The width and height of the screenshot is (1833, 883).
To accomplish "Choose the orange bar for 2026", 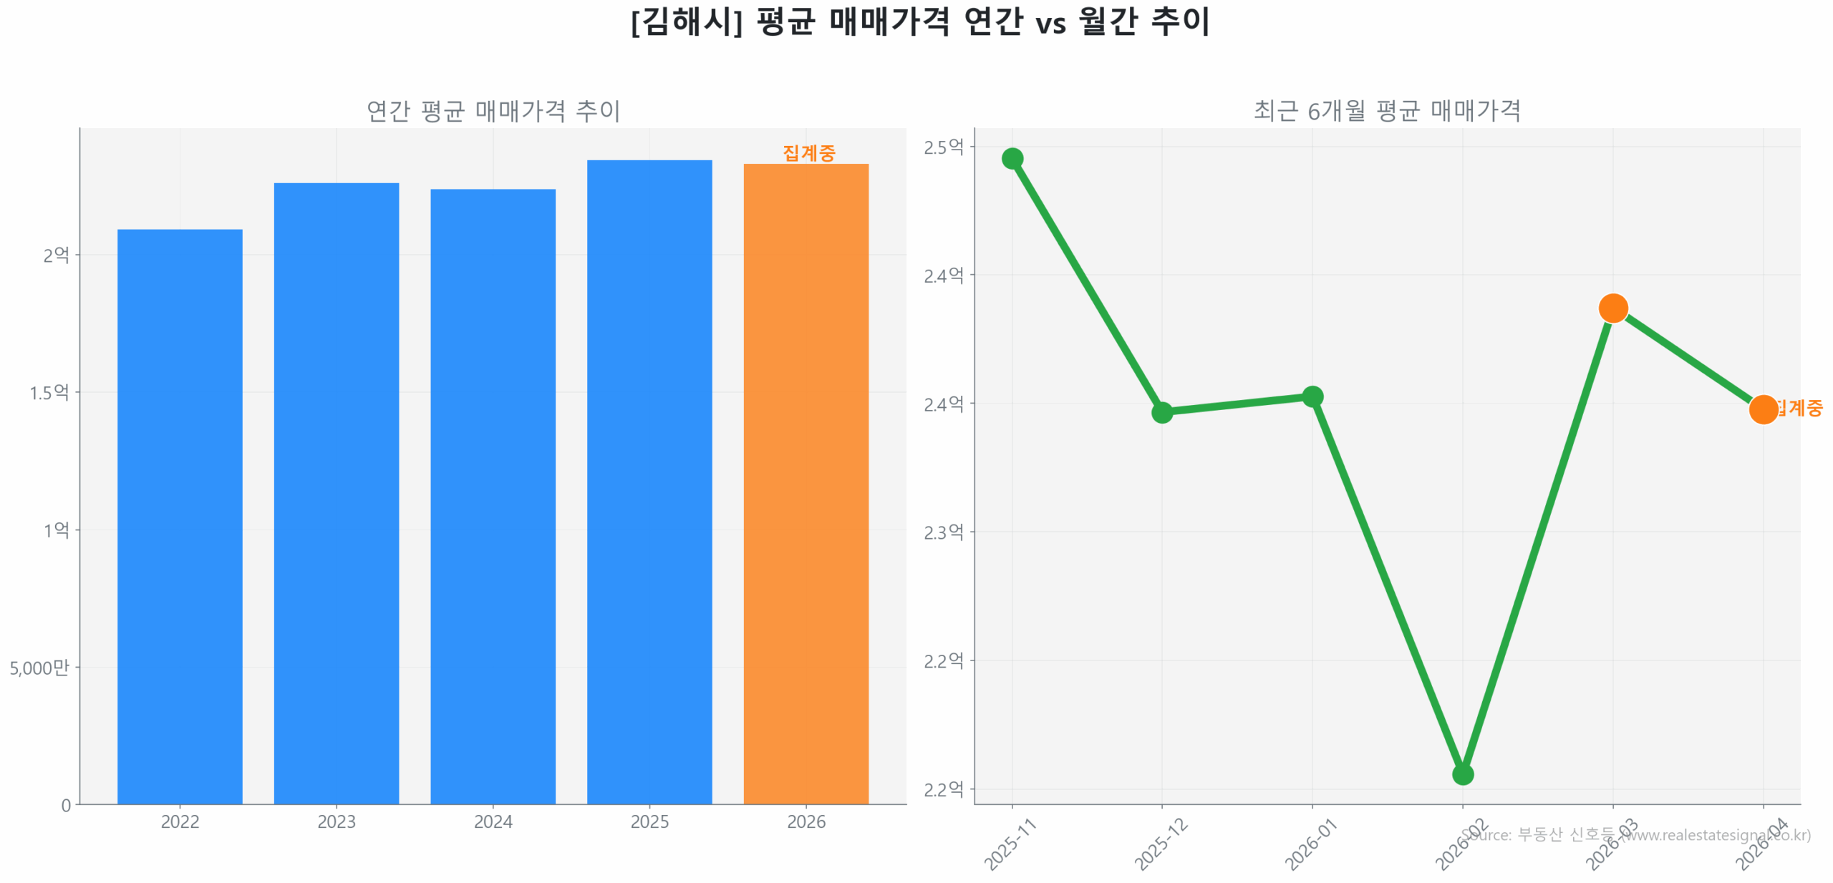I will pos(806,483).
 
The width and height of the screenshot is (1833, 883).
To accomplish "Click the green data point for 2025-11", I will pos(1012,158).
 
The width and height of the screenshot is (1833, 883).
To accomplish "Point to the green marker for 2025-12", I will pos(1161,412).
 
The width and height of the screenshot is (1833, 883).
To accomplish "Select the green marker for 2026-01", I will pos(1312,396).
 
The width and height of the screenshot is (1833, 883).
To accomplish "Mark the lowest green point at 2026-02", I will pos(1462,774).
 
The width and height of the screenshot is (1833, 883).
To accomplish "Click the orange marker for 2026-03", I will pos(1612,308).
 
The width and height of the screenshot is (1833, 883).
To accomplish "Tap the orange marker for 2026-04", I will pos(1762,409).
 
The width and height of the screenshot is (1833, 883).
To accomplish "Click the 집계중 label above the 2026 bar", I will pos(808,152).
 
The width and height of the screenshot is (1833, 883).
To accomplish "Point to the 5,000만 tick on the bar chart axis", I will pos(39,668).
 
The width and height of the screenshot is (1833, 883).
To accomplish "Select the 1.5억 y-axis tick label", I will pos(49,392).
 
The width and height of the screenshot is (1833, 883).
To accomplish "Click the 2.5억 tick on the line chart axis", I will pos(943,147).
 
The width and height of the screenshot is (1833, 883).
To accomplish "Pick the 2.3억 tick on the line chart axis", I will pos(943,532).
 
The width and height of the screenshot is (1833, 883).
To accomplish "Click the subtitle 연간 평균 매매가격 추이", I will pos(493,111).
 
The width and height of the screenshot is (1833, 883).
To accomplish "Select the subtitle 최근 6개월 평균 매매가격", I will pos(1386,111).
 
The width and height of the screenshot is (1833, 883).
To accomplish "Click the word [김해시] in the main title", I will pos(686,21).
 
